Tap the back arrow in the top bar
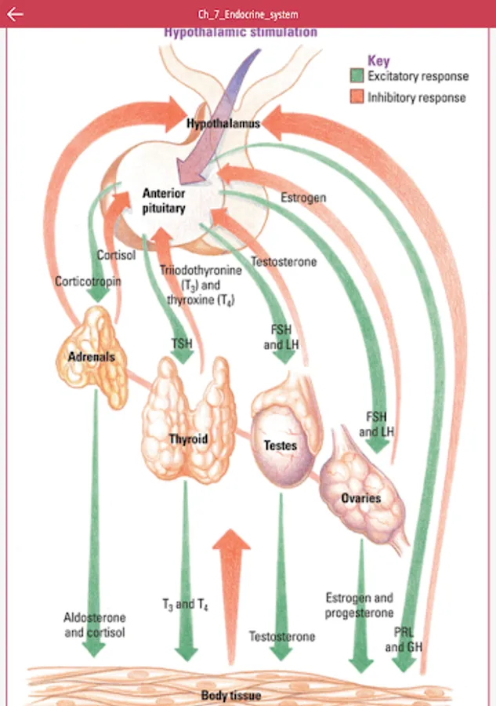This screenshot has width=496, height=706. click(14, 14)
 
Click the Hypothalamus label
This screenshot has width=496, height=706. click(223, 124)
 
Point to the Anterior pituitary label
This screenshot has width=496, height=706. click(164, 201)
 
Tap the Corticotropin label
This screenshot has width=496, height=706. click(88, 281)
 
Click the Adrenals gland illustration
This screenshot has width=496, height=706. click(92, 357)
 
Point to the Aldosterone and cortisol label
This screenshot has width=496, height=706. click(94, 624)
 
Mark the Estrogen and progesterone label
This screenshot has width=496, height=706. click(360, 605)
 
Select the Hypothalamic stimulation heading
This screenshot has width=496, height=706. click(241, 33)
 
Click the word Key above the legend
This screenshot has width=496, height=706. click(378, 60)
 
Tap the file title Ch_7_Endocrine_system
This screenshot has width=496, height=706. click(248, 14)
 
